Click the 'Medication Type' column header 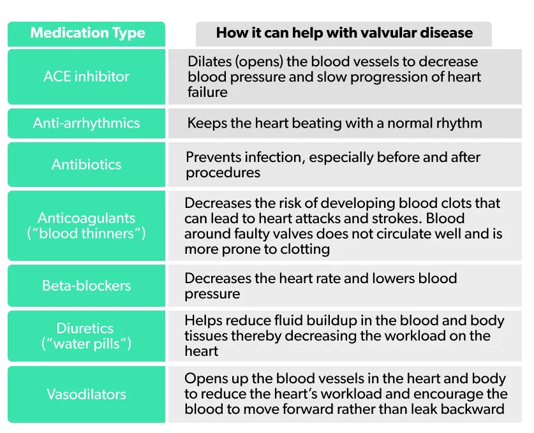(x=87, y=33)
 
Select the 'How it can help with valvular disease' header (x=344, y=33)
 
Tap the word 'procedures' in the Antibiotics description (x=223, y=173)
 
